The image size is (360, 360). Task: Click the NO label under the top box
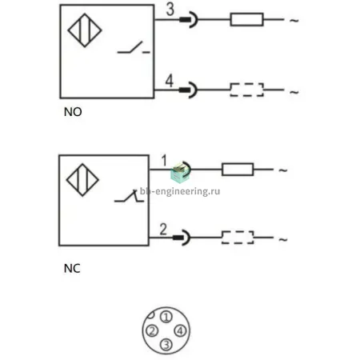73,112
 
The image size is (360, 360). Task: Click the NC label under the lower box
72,269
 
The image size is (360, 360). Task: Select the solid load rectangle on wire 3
247,19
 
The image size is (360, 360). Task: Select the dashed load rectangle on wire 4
247,90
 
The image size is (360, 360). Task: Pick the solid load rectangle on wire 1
238,170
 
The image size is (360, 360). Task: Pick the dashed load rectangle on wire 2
238,238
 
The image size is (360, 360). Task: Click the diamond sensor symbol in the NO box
85,30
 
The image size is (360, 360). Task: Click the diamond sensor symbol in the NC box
82,180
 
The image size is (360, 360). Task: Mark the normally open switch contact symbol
134,47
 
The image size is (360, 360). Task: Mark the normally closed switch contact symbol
129,196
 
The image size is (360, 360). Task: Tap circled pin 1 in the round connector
166,317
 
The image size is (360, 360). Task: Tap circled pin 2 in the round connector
152,331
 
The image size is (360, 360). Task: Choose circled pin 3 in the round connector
166,345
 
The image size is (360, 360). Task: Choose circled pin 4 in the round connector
180,331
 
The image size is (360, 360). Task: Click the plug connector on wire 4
188,90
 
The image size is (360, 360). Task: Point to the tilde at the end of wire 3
294,20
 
